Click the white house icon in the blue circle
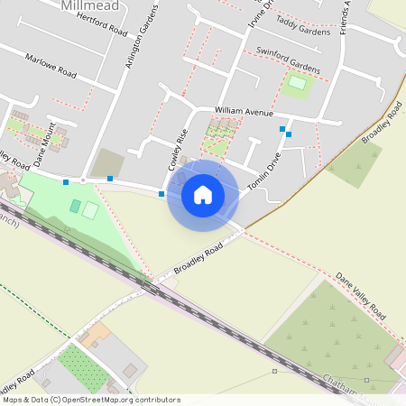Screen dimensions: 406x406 203,194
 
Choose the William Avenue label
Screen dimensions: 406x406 243,112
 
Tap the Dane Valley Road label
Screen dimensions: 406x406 360,297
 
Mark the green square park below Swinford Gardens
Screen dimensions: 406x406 297,86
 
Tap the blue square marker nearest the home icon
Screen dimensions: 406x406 161,193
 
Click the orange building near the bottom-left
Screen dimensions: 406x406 94,335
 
